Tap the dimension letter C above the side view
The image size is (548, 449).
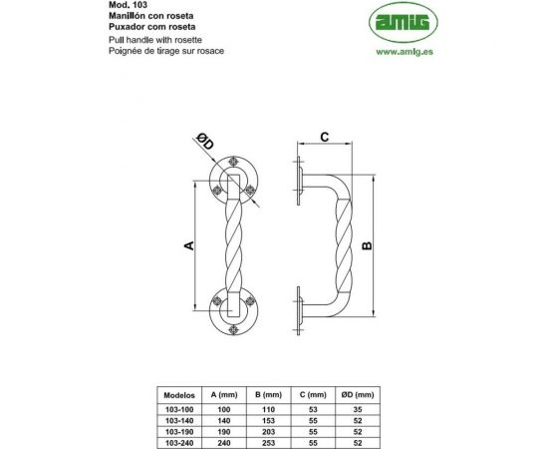point(324,136)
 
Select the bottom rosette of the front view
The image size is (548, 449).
point(233,314)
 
